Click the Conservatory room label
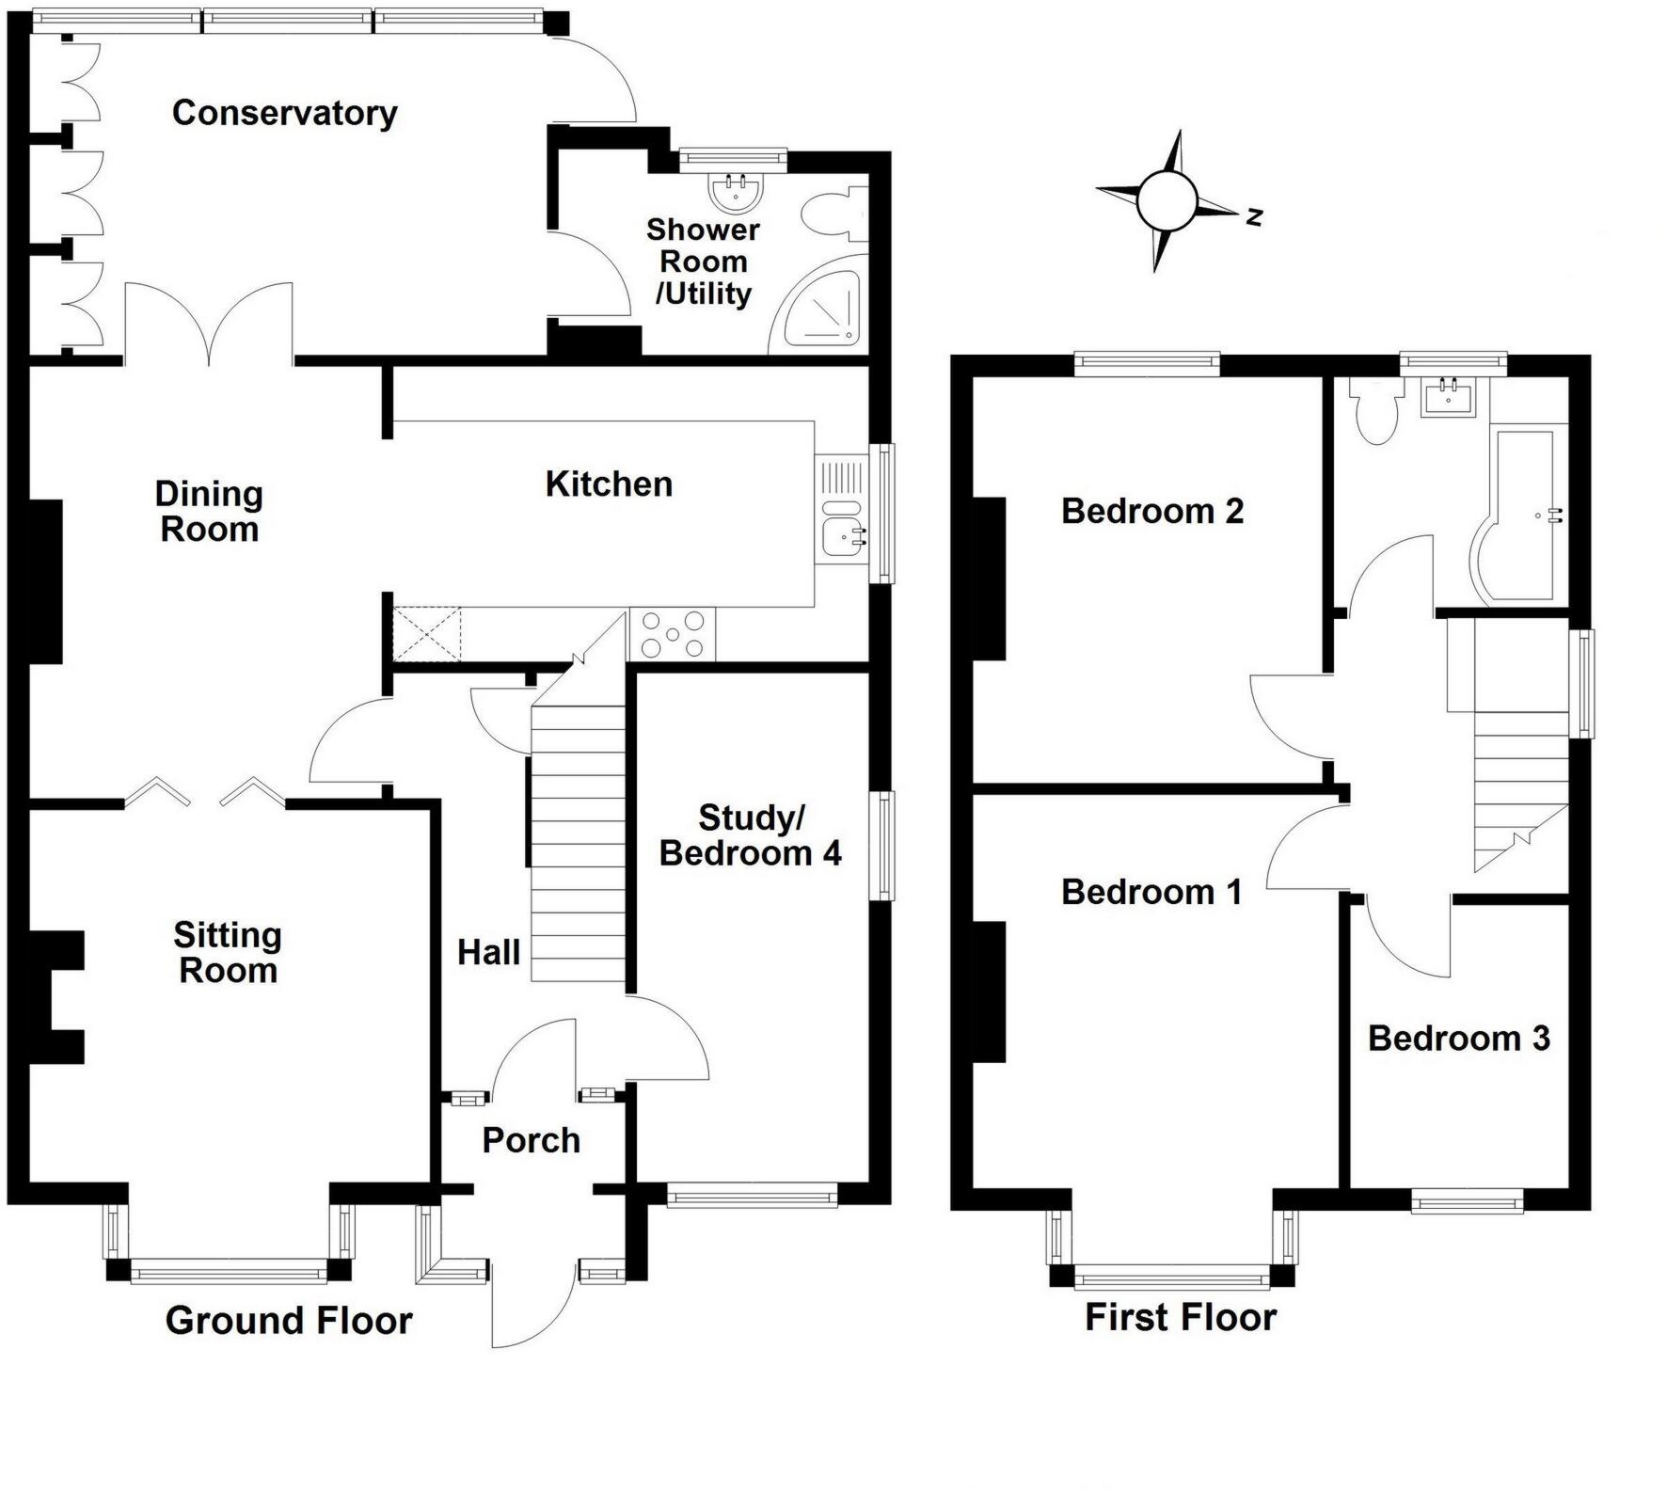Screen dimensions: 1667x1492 [284, 113]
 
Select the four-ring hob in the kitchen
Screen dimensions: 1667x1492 [672, 635]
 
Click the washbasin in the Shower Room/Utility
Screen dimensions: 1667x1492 [735, 192]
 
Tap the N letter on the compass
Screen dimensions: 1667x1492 [1253, 217]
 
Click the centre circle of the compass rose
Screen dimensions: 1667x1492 [1167, 201]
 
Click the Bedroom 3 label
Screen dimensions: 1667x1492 [1458, 1039]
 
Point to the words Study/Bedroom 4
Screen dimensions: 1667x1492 [750, 835]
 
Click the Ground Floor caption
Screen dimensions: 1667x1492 [289, 1321]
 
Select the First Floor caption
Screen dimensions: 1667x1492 [1181, 1317]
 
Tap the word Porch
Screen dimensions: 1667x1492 [531, 1140]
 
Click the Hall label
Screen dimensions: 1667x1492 [488, 953]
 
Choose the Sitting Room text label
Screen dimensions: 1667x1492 [228, 952]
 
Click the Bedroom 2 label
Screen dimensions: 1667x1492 [1152, 512]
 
